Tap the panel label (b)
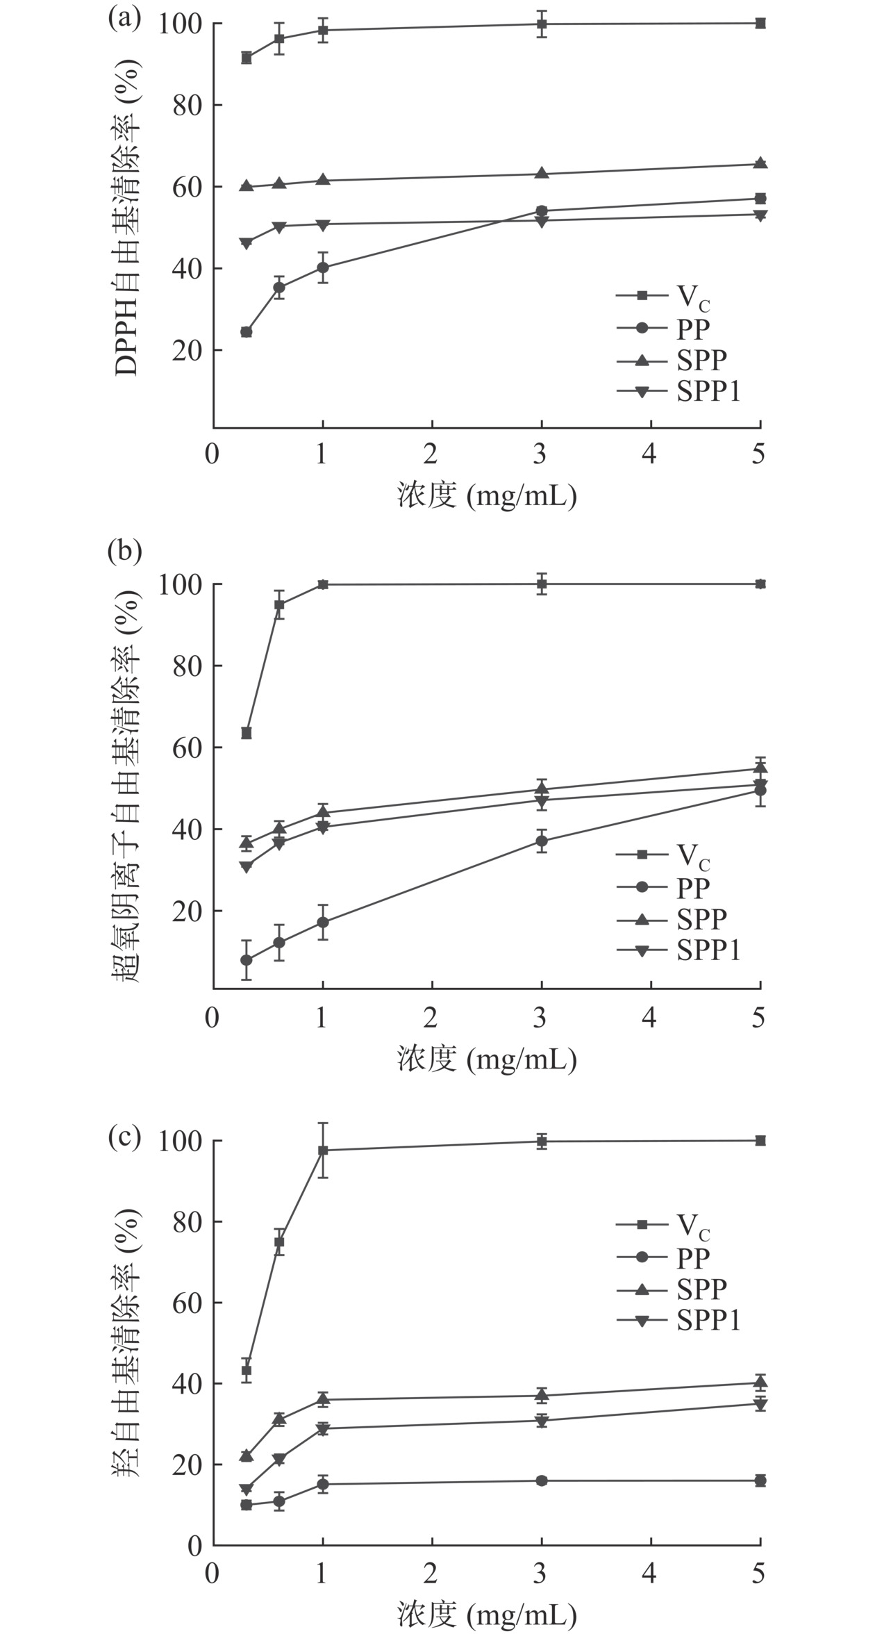coord(124,550)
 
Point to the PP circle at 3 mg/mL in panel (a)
coord(542,211)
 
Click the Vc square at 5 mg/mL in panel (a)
coord(760,24)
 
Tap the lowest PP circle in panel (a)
coord(247,332)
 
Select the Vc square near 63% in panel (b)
coord(247,733)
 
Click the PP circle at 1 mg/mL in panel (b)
coord(323,923)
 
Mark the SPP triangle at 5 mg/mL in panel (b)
coord(760,768)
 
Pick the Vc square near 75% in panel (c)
coord(279,1242)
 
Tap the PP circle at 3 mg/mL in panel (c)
coord(542,1480)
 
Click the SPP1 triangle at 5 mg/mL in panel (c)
coord(760,1404)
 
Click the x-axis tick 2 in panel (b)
coord(431,1018)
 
